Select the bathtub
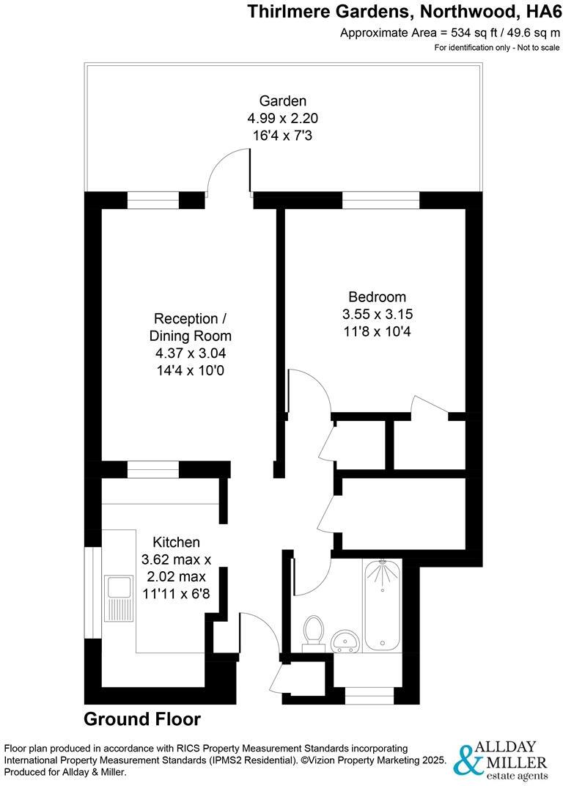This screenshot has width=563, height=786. tap(382, 605)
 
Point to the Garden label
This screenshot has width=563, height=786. tap(282, 101)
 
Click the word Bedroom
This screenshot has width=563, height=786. tap(377, 297)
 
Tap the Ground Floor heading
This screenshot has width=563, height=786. tap(142, 719)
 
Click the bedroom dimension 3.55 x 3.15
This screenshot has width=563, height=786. tap(378, 314)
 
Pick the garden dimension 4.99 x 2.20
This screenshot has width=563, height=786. tap(282, 118)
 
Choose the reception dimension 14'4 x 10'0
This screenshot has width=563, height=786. tap(189, 371)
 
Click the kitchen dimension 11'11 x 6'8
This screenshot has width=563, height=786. tap(175, 592)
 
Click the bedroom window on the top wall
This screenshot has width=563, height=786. tap(380, 196)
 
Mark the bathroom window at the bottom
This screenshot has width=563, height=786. tap(369, 699)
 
